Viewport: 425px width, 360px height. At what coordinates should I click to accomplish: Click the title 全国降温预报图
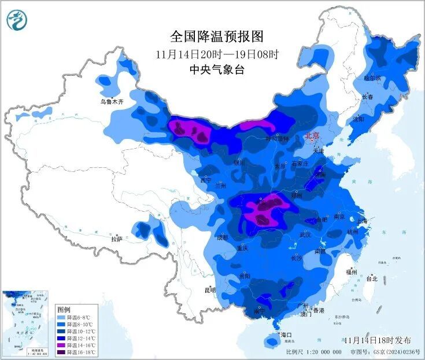(x=217, y=37)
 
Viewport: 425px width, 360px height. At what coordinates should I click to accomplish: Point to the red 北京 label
(x=312, y=137)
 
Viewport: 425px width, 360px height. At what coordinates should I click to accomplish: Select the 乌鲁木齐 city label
(x=112, y=102)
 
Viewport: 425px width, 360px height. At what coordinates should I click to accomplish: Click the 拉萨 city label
(x=116, y=238)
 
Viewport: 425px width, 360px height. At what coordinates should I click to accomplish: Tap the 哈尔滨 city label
(x=373, y=78)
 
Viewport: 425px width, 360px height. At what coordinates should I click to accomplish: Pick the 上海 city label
(x=363, y=221)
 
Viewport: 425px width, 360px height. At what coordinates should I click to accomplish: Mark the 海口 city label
(x=287, y=335)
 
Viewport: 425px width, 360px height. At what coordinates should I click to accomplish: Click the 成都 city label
(x=223, y=237)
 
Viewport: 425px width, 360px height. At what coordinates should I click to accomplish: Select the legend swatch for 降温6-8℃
(x=61, y=318)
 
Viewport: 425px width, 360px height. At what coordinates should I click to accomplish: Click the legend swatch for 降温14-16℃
(x=61, y=346)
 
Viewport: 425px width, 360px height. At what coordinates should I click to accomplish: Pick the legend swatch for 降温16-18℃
(x=61, y=352)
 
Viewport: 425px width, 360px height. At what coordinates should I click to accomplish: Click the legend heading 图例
(x=63, y=310)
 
